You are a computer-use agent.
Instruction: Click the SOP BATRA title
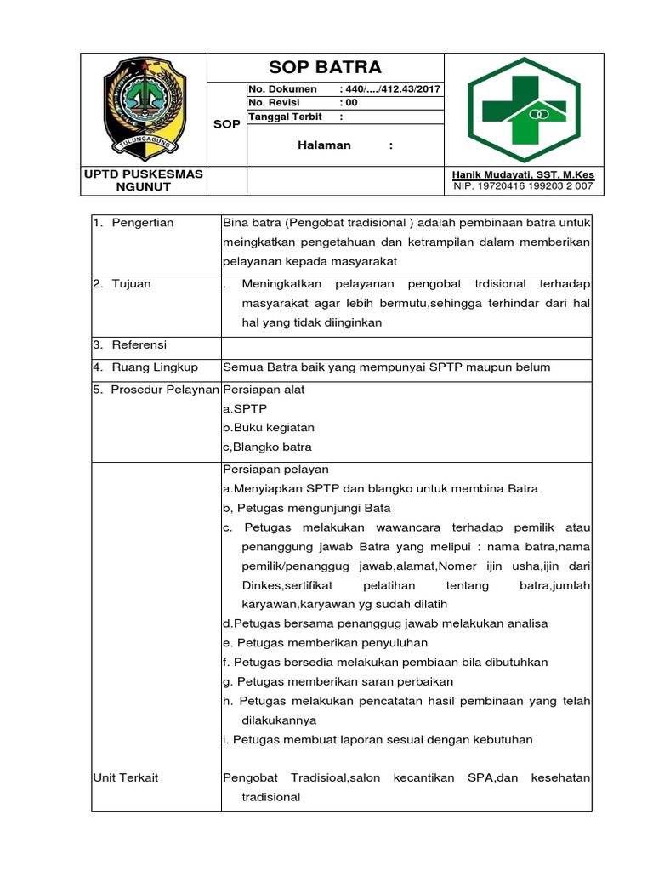pos(325,67)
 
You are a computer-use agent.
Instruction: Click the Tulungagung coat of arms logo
pos(143,109)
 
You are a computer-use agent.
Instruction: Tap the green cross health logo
pos(523,109)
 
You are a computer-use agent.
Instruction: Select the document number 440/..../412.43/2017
pos(390,89)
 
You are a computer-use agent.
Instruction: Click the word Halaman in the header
pos(324,145)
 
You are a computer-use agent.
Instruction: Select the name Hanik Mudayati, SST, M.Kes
pos(524,174)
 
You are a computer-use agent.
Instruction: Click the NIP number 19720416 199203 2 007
pos(524,185)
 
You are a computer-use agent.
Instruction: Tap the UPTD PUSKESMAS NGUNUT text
pos(143,179)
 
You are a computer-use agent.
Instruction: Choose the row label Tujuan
pos(131,284)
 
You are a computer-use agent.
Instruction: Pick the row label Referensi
pos(139,345)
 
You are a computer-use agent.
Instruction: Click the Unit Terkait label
pos(127,777)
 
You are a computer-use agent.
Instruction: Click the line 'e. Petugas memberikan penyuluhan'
pos(325,643)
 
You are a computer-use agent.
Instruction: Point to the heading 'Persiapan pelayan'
pos(275,470)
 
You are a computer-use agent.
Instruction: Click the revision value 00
pos(351,103)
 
